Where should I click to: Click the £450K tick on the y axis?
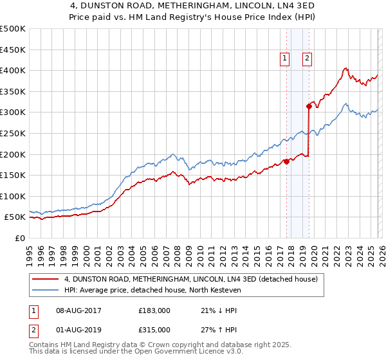13,50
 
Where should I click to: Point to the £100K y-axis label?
13,196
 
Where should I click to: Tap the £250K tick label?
13,133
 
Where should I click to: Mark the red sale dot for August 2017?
286,161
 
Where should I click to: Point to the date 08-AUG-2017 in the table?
78,310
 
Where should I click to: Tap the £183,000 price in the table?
154,310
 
